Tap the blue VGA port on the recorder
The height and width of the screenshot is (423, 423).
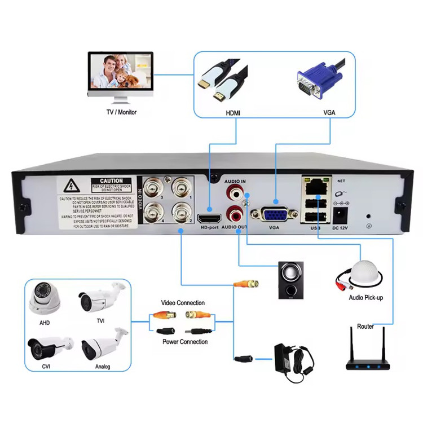point(274,215)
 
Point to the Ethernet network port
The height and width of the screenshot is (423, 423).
point(316,184)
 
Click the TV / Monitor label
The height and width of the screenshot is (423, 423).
point(121,112)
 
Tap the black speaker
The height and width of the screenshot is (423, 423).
point(290,280)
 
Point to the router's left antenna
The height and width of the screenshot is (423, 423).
point(351,346)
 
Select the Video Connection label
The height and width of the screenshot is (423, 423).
point(183,303)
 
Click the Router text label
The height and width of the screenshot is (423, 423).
point(365,327)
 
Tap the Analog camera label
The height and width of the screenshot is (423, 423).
point(103,367)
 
